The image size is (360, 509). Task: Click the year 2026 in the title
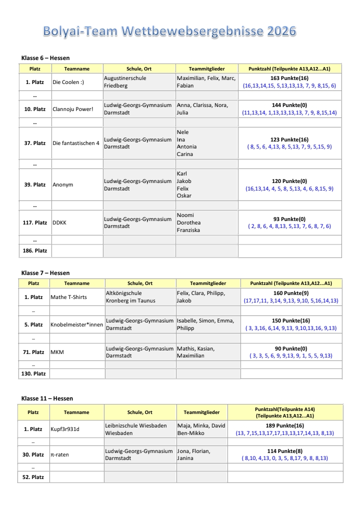pos(275,31)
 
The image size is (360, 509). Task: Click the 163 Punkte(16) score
pos(289,78)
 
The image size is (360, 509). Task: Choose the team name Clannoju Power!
pos(73,108)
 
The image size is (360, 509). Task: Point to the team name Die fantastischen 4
pos(76,143)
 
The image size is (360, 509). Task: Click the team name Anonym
pos(63,184)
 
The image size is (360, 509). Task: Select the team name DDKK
pos(59,222)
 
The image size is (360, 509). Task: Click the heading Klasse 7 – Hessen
pos(45,273)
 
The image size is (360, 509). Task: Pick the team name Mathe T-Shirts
pos(68,297)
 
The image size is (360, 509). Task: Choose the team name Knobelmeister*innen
pos(76,324)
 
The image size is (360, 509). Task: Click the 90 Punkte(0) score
pos(290,348)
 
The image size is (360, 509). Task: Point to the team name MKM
pos(57,352)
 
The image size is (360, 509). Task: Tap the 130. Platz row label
pos(34,373)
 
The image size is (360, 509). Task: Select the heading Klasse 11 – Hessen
pos(47,398)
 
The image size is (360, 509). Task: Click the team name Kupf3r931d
pos(65,429)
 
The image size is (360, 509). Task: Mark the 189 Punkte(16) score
pos(285,425)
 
